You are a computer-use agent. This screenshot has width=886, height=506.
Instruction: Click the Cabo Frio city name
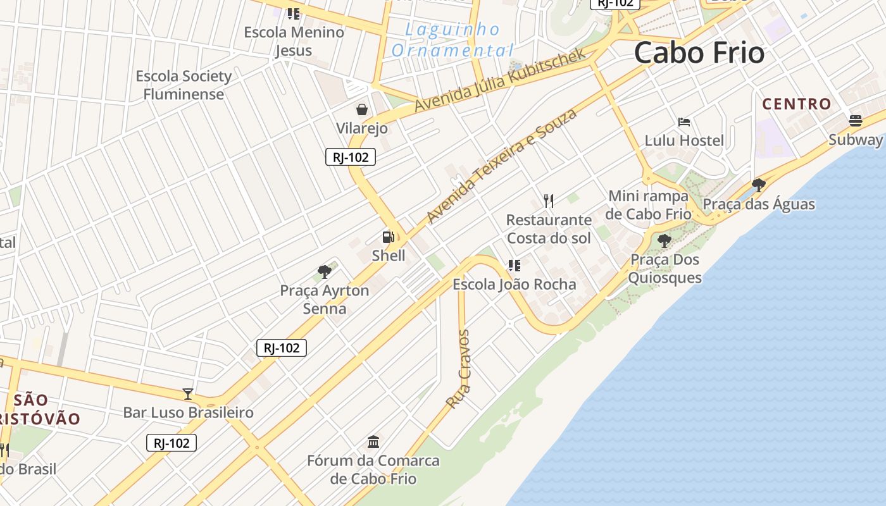pos(699,52)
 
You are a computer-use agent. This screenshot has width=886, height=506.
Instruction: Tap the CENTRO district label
pos(796,104)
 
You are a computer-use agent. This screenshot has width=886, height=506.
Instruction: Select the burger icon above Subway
pos(856,121)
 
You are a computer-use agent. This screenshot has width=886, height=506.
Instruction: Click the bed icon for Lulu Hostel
pos(683,121)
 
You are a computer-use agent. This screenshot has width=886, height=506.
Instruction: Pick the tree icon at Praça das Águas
pos(758,185)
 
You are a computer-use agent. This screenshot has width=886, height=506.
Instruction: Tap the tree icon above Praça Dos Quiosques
pos(664,240)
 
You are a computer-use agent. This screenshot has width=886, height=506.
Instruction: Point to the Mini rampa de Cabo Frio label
pos(648,205)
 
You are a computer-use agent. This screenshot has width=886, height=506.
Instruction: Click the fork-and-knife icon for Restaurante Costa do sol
pos(549,201)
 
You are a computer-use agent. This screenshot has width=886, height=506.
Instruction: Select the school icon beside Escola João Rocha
pos(514,266)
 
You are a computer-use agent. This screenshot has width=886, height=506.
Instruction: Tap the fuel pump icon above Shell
pos(388,237)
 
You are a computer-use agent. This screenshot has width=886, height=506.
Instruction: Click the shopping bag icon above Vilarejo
pos(361,110)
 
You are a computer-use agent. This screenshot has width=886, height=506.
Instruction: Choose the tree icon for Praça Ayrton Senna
pos(325,272)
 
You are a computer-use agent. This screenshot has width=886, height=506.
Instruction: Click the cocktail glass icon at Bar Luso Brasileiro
pos(188,394)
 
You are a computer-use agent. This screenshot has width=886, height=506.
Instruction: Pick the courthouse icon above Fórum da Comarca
pos(373,441)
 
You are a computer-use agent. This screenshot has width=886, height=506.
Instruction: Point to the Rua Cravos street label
pos(459,369)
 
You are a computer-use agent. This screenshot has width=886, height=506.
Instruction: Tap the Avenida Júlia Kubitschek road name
pos(500,80)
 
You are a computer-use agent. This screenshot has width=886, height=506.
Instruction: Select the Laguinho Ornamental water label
pos(452,40)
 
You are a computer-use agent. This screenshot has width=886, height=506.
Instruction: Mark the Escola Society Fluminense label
pos(184,85)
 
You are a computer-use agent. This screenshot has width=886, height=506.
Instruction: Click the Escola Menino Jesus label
pos(294,41)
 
